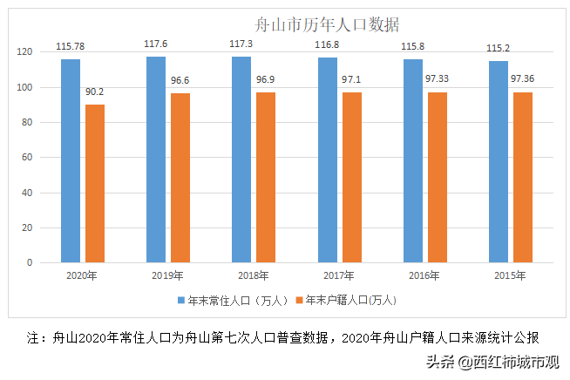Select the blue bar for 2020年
click(71, 160)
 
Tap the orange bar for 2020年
click(95, 183)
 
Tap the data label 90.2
click(96, 91)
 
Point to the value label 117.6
click(157, 43)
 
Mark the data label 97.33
click(438, 78)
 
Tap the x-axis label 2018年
click(253, 276)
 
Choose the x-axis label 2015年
click(510, 276)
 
